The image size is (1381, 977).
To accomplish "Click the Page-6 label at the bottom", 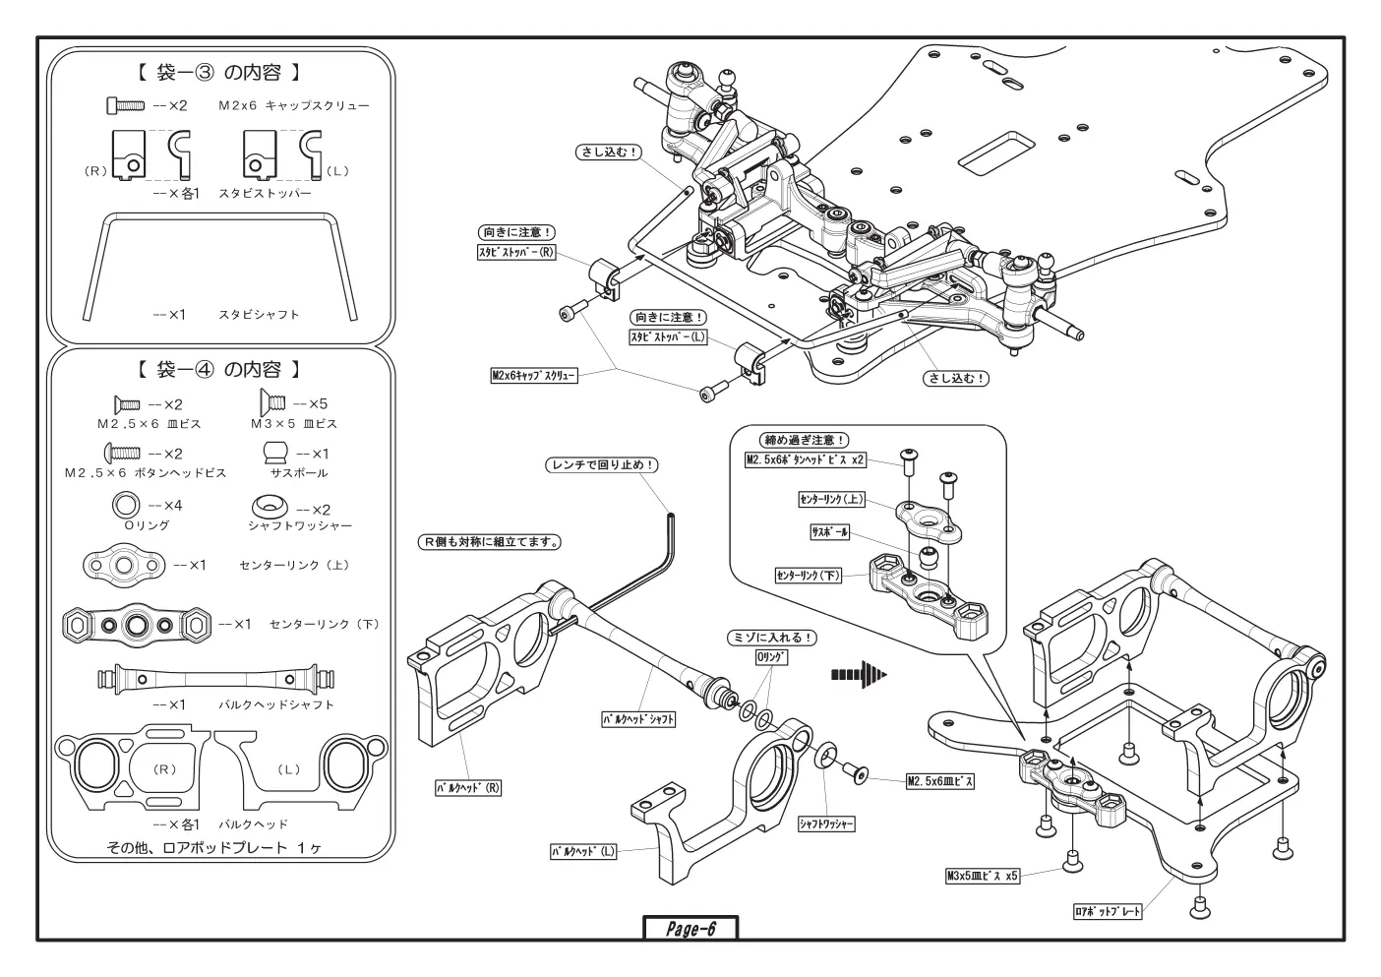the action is click(690, 929).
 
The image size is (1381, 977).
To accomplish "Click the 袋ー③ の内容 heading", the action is click(217, 73).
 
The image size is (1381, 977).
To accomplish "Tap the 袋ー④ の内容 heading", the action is click(217, 370).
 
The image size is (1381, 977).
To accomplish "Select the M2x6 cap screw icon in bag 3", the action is click(125, 105).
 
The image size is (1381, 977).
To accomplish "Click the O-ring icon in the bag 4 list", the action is click(126, 505).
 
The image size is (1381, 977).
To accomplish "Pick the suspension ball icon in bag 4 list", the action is click(275, 453).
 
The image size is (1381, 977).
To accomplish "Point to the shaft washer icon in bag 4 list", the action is click(270, 507).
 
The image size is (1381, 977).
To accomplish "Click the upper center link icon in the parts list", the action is click(124, 566).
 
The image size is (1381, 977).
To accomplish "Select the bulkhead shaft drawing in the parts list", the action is click(215, 680).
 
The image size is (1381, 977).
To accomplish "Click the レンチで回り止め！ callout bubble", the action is click(602, 465).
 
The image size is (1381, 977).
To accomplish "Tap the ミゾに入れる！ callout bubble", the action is click(772, 638).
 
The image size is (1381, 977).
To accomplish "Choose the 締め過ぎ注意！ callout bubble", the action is click(804, 440).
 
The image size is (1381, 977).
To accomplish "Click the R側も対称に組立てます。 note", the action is click(490, 542).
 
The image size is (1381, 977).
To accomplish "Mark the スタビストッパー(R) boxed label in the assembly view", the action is click(516, 252).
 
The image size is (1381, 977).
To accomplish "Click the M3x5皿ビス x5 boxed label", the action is click(983, 876).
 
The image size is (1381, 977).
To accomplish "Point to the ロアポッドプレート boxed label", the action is click(1108, 912).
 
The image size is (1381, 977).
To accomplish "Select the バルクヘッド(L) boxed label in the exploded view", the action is click(583, 852).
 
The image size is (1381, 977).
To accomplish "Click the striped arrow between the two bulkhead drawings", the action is click(859, 674).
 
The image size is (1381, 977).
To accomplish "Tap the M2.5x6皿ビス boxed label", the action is click(940, 781).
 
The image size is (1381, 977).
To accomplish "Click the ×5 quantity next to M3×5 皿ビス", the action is click(310, 404).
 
